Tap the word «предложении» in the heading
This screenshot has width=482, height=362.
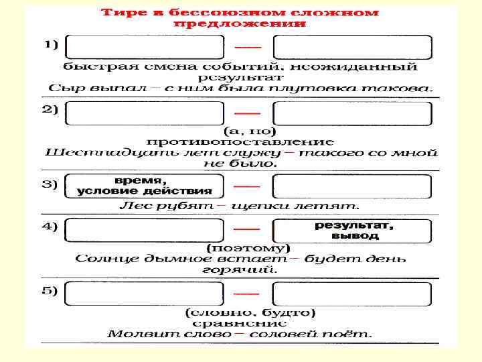(240, 23)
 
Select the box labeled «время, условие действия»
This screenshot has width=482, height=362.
(145, 186)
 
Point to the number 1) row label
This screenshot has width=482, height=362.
(52, 45)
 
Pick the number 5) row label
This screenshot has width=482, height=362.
(51, 290)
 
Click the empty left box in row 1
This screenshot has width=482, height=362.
(145, 47)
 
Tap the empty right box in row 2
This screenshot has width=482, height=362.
(353, 113)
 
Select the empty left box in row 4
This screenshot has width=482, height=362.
(145, 231)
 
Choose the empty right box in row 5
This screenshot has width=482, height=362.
(353, 294)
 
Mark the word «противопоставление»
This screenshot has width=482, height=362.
(240, 141)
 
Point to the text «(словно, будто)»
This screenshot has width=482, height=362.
(250, 312)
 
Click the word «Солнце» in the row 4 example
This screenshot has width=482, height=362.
(104, 258)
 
